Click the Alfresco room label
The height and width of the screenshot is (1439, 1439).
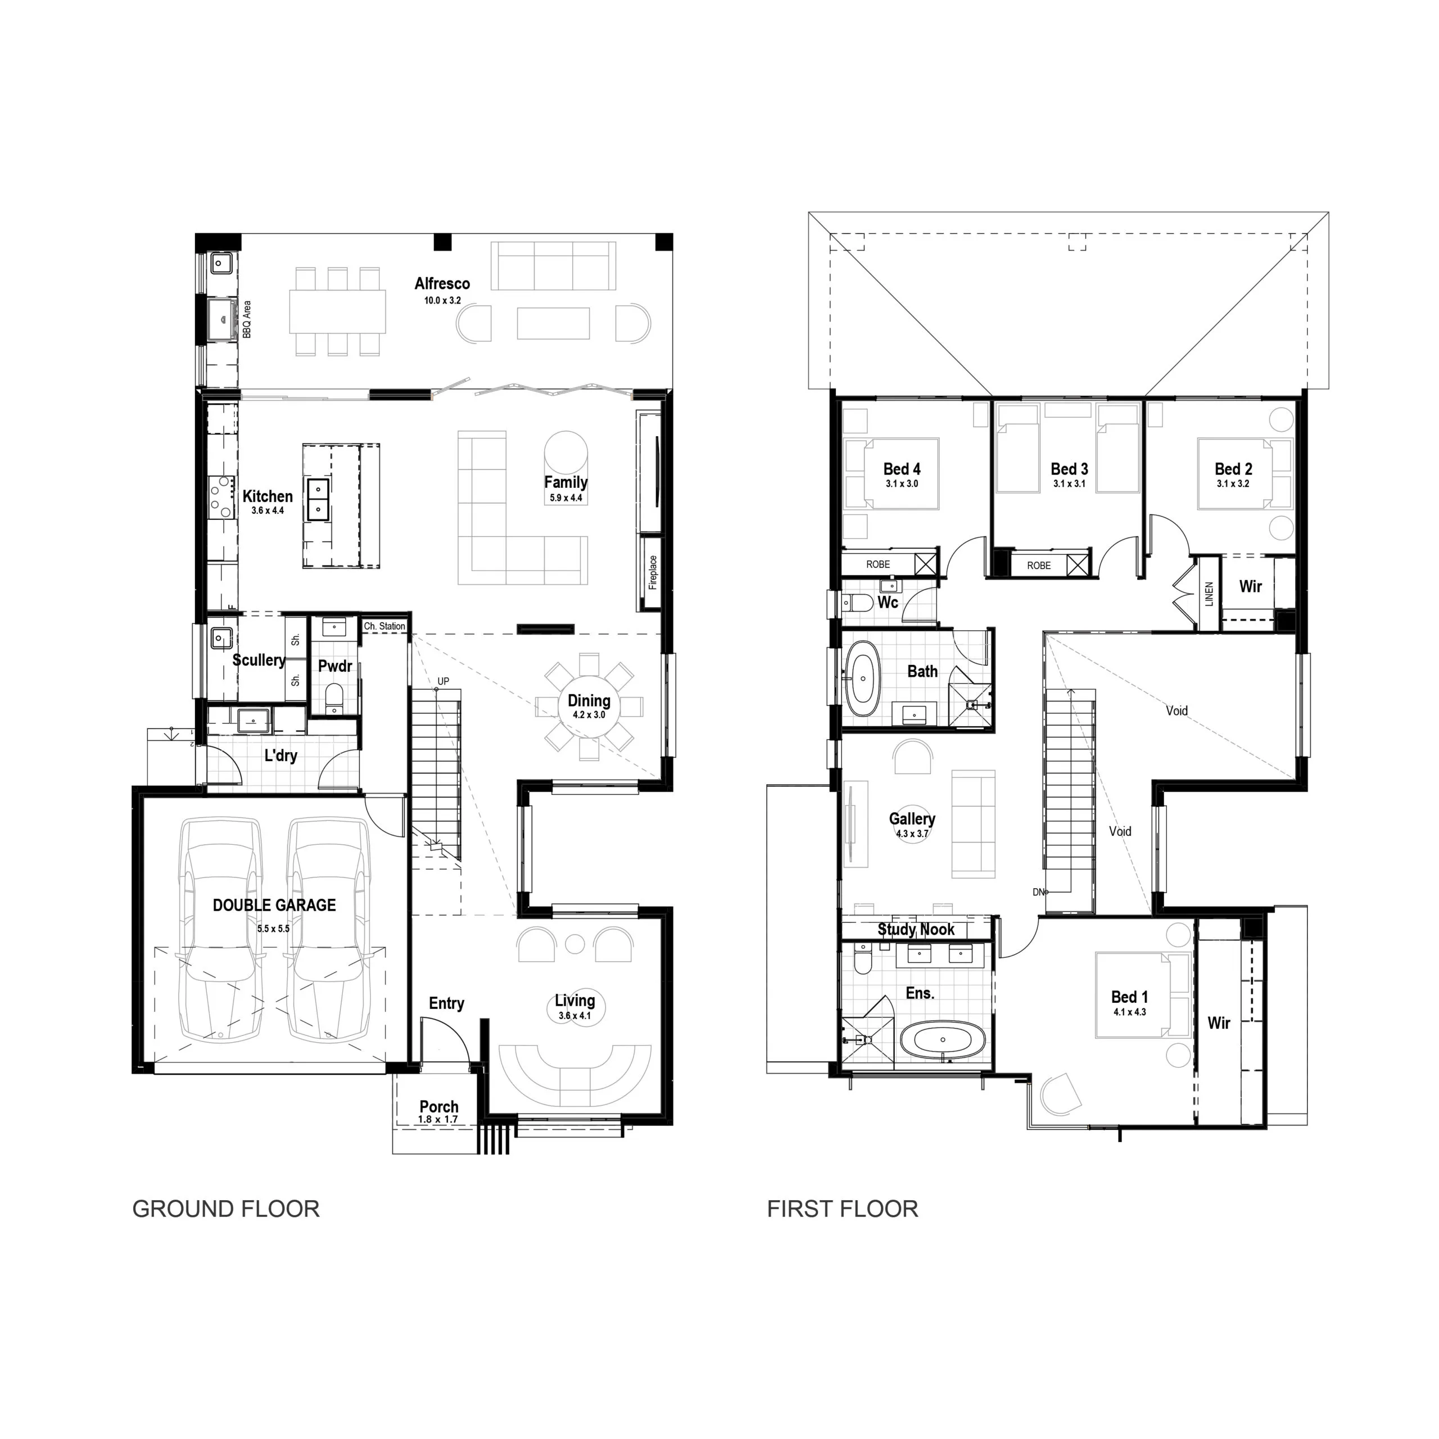[x=442, y=284]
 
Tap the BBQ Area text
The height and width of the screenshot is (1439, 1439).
[x=247, y=319]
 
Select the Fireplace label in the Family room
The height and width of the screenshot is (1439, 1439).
[x=653, y=573]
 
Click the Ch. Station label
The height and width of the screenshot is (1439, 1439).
[x=384, y=626]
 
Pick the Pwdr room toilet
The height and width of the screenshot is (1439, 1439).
[x=334, y=699]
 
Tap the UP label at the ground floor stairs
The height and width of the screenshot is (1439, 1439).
[x=443, y=681]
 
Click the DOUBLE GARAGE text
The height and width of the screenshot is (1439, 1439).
[x=274, y=906]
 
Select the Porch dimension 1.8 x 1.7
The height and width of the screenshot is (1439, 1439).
[x=438, y=1120]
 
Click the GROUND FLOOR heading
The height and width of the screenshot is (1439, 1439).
[x=225, y=1209]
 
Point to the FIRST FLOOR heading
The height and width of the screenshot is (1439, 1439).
[x=843, y=1209]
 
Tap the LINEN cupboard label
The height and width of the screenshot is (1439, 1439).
[x=1209, y=594]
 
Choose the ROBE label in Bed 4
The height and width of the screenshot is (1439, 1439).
[x=878, y=564]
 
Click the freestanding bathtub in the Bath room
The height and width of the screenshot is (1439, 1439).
[x=863, y=678]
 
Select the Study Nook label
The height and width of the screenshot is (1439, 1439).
[x=916, y=930]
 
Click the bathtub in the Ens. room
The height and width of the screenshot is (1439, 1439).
[x=943, y=1040]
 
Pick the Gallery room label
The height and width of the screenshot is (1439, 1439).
[x=912, y=820]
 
